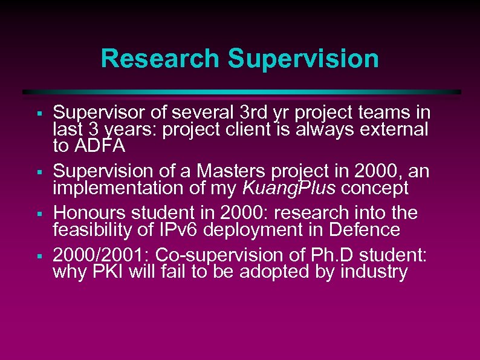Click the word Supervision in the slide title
click(x=303, y=59)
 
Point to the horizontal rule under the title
click(x=242, y=92)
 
